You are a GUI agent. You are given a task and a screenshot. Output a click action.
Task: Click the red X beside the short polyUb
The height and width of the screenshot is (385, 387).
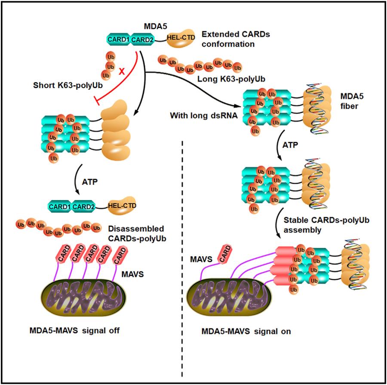122,72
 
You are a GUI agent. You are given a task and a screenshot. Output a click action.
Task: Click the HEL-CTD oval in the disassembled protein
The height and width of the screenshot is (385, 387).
122,206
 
